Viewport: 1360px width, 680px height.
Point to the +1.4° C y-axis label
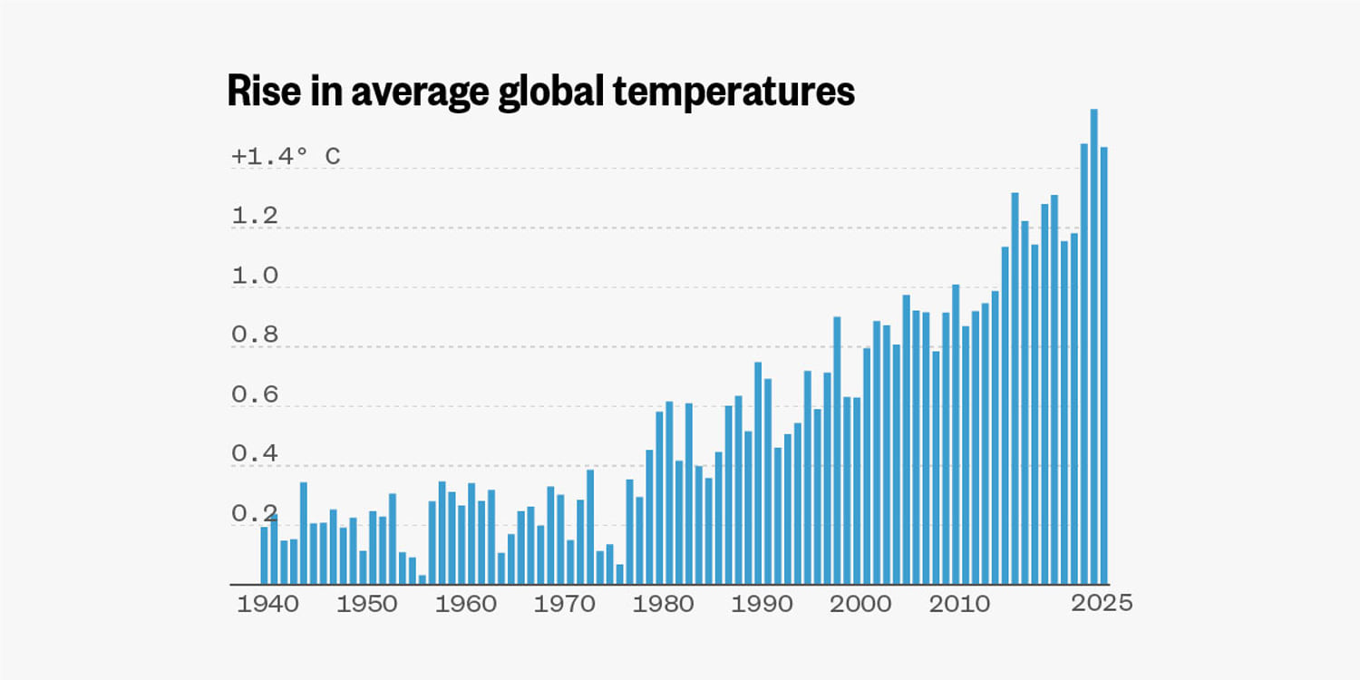pyautogui.click(x=286, y=157)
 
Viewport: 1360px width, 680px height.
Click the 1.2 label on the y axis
pyautogui.click(x=254, y=217)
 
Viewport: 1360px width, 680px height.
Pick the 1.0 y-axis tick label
pyautogui.click(x=254, y=277)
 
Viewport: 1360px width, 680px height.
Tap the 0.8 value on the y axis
pyautogui.click(x=254, y=335)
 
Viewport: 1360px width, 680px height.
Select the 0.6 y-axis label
pyautogui.click(x=254, y=395)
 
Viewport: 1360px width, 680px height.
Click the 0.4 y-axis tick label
pyautogui.click(x=254, y=454)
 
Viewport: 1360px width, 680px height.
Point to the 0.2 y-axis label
pyautogui.click(x=254, y=514)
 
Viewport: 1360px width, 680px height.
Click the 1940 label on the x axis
pyautogui.click(x=267, y=605)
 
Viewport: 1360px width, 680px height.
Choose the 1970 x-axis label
pyautogui.click(x=564, y=605)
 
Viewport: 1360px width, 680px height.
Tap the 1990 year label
pyautogui.click(x=762, y=605)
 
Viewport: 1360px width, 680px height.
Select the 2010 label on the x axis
pyautogui.click(x=959, y=605)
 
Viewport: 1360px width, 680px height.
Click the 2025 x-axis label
pyautogui.click(x=1102, y=603)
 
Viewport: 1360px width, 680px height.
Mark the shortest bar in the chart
pyautogui.click(x=423, y=579)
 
